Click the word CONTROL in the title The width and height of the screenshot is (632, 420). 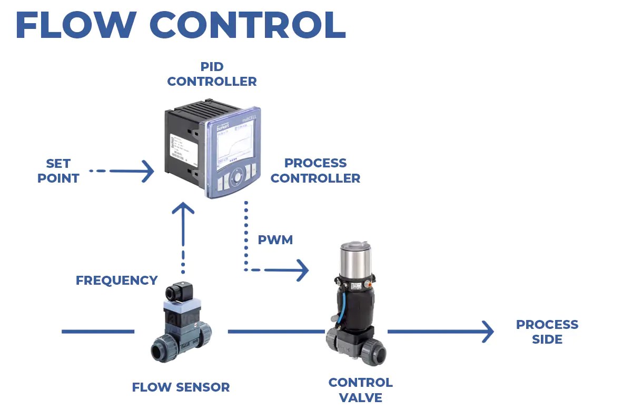coord(248,25)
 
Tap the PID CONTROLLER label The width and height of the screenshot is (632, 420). coord(212,74)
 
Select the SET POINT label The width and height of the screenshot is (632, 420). coord(58,171)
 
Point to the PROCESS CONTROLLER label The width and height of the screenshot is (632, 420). coord(315,171)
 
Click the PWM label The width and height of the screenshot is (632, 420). coord(275,240)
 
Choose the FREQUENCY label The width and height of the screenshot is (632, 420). coord(116,281)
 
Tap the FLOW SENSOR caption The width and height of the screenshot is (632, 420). coord(181,387)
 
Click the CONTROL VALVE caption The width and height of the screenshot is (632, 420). coord(360,390)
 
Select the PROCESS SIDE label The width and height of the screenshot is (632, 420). coord(547,332)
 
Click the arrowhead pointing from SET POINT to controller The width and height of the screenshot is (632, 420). coord(147,172)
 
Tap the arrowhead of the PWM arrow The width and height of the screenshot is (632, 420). coord(302,270)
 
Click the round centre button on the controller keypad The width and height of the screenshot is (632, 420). coord(239,175)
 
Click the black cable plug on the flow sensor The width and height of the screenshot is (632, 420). coord(176,293)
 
